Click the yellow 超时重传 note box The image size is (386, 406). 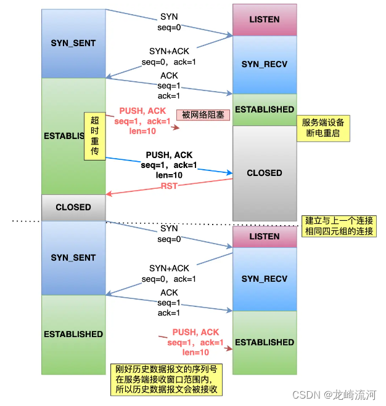pos(94,136)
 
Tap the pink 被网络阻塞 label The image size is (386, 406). pos(203,115)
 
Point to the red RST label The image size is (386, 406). pos(170,186)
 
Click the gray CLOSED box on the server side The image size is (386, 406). pos(264,173)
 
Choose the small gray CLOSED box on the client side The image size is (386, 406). pos(73,207)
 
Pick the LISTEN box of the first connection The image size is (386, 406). pos(264,20)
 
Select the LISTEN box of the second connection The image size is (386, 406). pos(264,236)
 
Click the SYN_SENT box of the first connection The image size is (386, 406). pos(73,43)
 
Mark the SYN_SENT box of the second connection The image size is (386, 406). pos(73,258)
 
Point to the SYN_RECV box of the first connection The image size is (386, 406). pos(264,64)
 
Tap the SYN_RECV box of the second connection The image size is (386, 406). pos(264,279)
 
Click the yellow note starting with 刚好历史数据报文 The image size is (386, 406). pos(166,380)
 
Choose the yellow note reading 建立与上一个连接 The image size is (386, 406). pos(340,226)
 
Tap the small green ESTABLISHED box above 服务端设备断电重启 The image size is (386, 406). pos(264,109)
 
